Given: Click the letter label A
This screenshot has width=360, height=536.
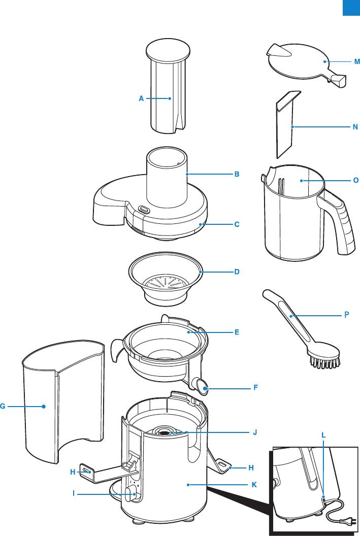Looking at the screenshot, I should point(142,99).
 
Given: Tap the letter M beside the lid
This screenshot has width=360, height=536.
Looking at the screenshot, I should point(357,61).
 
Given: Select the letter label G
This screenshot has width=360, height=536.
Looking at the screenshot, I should point(3,406).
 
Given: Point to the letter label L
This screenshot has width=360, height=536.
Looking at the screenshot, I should point(324,435).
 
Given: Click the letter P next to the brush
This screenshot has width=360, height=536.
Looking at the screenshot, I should point(347,314).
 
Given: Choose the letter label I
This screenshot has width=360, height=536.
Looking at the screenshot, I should point(74,492).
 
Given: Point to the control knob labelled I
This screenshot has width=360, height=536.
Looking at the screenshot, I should point(129,492).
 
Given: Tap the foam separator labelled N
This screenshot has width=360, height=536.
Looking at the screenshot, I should point(285,124).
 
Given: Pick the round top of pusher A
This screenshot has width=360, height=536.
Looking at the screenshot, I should point(168,50).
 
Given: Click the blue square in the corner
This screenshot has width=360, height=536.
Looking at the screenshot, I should point(351,8).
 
